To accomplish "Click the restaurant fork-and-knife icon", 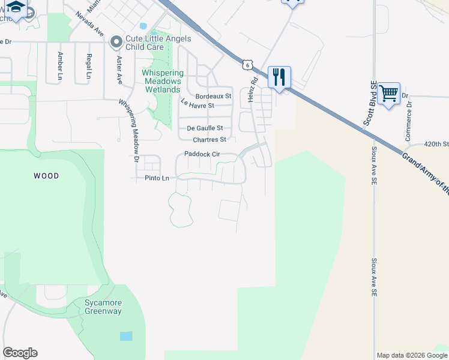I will [x=279, y=77].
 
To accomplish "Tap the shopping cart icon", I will [x=389, y=93].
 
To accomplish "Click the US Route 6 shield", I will [x=247, y=64].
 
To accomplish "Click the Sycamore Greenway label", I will [x=103, y=307].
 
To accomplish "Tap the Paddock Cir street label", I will [x=202, y=154].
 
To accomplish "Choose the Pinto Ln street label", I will [x=157, y=178].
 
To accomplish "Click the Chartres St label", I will [x=206, y=140].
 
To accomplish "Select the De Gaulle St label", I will [x=205, y=128].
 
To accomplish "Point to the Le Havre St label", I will [x=197, y=104].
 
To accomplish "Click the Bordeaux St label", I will [x=213, y=96].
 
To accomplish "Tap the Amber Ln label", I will [x=60, y=65].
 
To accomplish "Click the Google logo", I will [x=20, y=353].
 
